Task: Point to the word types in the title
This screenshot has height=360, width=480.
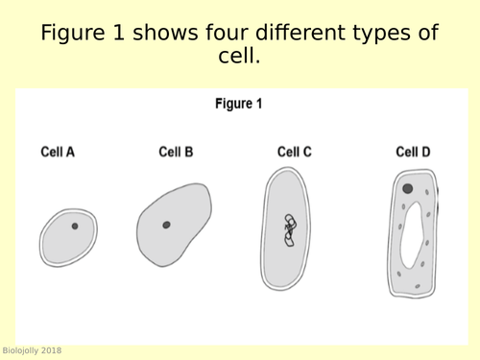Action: click(383, 35)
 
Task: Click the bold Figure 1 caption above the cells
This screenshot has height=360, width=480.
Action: click(239, 104)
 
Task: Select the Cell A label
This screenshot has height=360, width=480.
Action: click(58, 152)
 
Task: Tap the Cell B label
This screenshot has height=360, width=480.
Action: click(176, 152)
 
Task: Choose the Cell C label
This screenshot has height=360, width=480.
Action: click(295, 152)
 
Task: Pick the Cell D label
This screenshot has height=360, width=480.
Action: click(413, 152)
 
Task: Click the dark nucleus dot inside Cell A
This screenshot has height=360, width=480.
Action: click(74, 227)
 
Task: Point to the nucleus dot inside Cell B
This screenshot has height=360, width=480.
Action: click(166, 226)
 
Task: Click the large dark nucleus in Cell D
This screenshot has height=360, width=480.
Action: click(408, 189)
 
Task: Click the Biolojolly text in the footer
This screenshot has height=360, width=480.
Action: click(20, 350)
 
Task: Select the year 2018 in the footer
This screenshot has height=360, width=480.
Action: click(52, 350)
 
